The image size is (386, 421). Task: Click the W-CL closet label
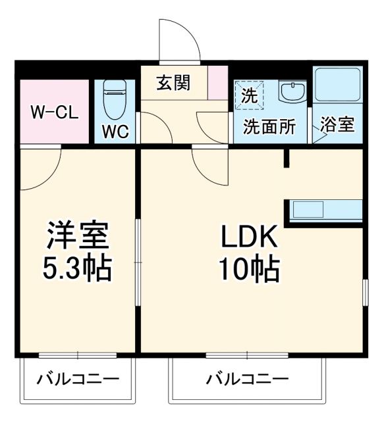coord(55,111)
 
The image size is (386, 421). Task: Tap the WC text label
coord(115,130)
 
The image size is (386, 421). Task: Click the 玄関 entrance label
coord(173,83)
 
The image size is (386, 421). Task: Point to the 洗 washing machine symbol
coord(249,94)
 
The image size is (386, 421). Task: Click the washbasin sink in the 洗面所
coord(290,91)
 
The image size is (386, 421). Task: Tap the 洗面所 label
coord(269,127)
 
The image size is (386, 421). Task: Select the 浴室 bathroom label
coord(337,126)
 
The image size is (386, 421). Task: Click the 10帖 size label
coord(251,268)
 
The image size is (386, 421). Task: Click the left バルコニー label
coord(78,380)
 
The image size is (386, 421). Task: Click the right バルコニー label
coord(247,380)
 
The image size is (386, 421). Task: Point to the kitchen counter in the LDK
coord(323,210)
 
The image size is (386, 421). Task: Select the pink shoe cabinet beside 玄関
coord(217,82)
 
